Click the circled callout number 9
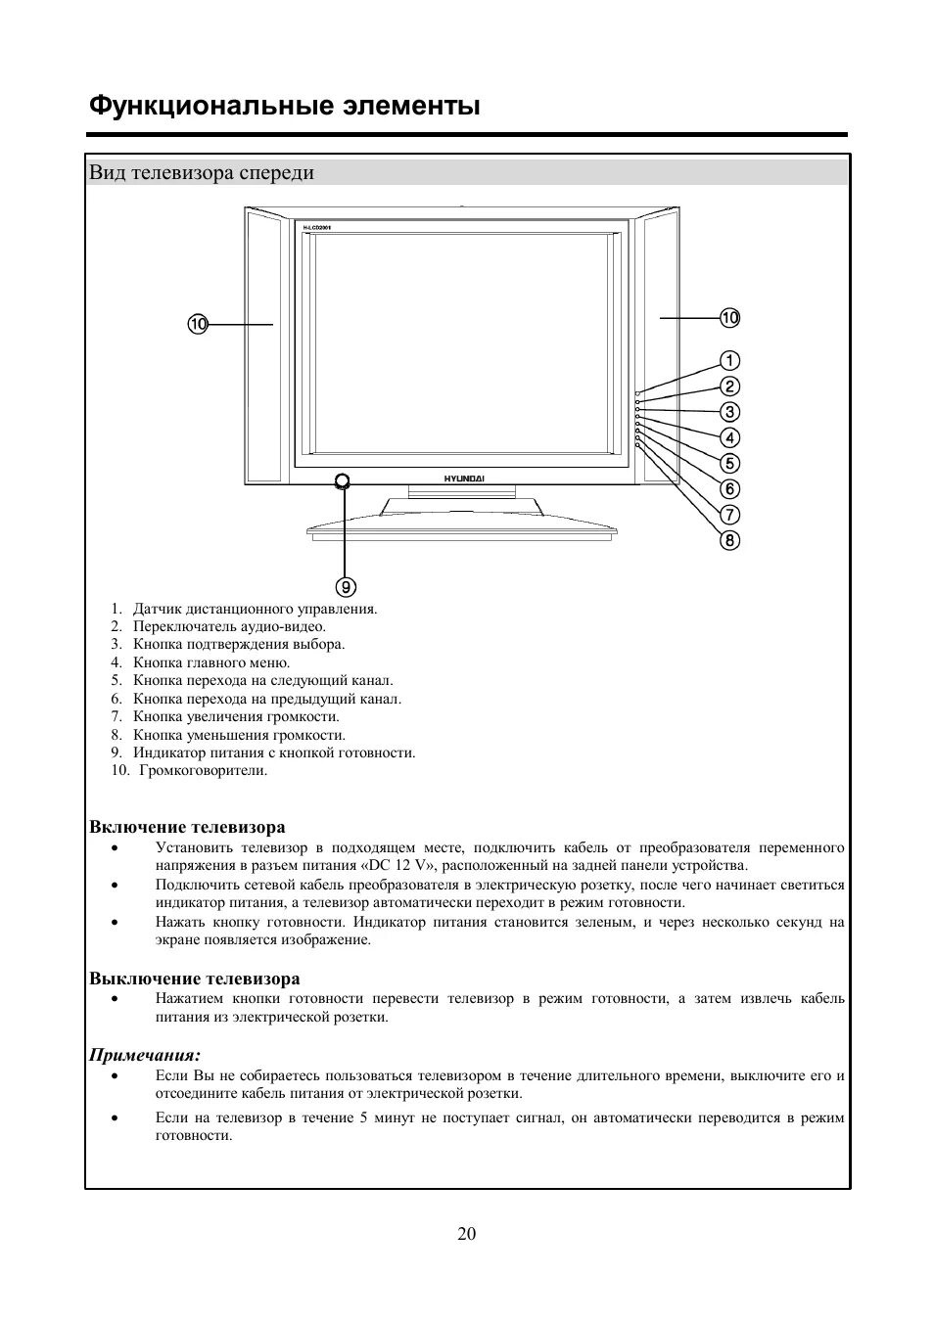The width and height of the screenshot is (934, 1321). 346,587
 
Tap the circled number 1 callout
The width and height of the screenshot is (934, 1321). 730,361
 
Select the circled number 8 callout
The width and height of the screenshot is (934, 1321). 730,540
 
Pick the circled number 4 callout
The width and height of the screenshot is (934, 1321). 730,438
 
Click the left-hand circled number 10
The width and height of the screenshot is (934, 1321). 199,324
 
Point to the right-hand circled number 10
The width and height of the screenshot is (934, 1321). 730,317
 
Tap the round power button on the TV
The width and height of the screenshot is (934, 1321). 342,480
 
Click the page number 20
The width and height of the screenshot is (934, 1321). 467,1234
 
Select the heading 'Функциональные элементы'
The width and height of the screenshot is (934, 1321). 284,106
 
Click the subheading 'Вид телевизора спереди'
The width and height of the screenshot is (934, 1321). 202,173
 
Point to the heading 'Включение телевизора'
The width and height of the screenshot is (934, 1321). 187,827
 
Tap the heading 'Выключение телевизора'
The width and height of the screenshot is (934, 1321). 195,979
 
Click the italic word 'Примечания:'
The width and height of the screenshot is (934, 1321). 145,1055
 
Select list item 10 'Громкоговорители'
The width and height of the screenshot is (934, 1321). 203,770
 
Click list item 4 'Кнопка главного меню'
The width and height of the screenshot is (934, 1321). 211,662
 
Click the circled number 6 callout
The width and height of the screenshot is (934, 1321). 730,489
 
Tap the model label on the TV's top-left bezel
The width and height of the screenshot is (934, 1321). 316,228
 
